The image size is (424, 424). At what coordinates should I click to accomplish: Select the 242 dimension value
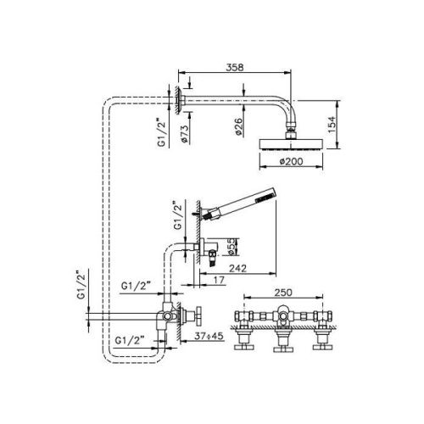[238, 266]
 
